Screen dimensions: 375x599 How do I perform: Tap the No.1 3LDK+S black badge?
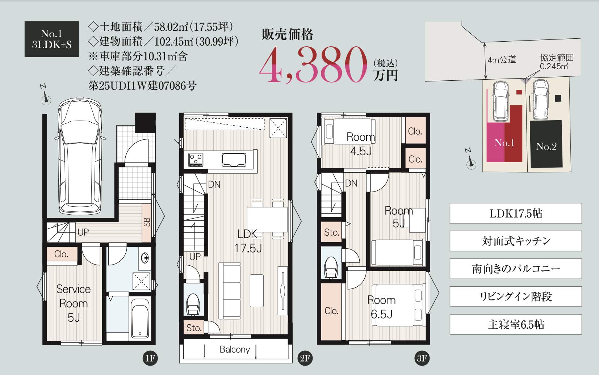(52, 39)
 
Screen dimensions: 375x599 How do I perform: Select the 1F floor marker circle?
(150, 358)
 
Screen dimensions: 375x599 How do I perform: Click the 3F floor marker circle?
(422, 358)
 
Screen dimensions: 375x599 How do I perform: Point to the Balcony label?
(235, 349)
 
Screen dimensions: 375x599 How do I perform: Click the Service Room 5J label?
(74, 303)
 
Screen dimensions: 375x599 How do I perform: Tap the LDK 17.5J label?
(248, 241)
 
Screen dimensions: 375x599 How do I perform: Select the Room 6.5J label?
(381, 307)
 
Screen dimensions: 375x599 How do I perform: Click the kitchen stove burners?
(196, 160)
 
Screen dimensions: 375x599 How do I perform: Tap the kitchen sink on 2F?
(234, 160)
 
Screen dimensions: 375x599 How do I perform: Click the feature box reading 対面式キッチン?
(516, 241)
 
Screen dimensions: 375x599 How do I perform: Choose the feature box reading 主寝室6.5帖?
(516, 324)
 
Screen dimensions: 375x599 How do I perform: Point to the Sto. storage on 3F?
(331, 232)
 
